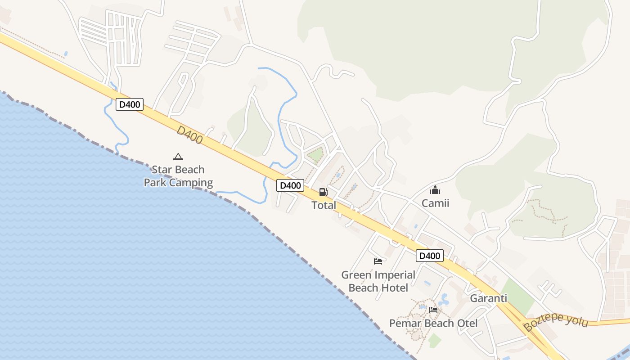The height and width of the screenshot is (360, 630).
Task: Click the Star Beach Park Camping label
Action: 178,176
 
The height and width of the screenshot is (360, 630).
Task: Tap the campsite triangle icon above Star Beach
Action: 178,157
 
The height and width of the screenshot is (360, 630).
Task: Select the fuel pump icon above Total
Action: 323,192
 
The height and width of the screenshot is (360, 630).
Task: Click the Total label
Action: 324,205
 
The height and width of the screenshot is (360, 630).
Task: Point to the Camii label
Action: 435,203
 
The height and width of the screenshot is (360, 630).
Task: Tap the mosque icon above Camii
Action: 435,190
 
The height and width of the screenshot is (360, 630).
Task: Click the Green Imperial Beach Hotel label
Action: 378,281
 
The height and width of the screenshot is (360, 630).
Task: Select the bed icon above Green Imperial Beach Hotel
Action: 378,261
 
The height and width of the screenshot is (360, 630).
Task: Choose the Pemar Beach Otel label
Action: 433,323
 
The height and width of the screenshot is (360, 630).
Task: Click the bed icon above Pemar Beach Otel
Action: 433,310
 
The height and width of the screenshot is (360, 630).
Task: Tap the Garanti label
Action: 488,298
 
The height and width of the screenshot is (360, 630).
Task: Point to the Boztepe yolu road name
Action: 556,320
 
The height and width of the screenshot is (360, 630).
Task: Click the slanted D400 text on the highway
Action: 189,135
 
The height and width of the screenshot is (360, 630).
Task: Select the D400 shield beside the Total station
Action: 290,185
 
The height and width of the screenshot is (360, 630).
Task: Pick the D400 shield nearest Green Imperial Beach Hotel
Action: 429,256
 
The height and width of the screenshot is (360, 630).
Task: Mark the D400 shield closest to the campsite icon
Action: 130,105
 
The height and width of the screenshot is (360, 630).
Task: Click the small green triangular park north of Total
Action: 315,155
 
